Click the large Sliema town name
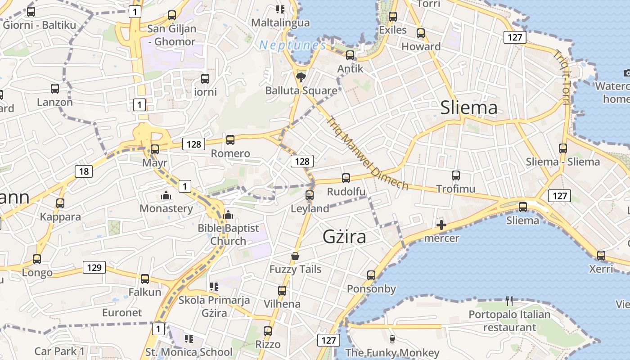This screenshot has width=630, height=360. [469, 108]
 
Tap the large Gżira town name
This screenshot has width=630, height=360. [344, 237]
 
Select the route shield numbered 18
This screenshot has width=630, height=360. [84, 171]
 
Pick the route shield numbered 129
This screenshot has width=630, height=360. [94, 268]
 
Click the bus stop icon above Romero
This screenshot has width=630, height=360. [230, 139]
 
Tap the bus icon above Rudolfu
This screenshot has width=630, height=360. [346, 178]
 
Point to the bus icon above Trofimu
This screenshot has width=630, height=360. [455, 175]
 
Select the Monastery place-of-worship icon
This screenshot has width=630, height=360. [166, 196]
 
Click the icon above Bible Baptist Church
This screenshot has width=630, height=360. [228, 215]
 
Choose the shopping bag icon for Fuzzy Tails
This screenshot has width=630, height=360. [295, 256]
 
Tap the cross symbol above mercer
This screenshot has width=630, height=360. [441, 225]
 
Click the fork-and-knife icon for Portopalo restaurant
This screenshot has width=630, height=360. [509, 301]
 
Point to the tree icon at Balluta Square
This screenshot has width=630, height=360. [301, 77]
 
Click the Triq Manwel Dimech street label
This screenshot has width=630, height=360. [367, 153]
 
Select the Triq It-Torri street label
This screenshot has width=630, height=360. [562, 77]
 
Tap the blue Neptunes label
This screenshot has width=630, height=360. [292, 45]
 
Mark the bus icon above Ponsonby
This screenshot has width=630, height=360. [371, 275]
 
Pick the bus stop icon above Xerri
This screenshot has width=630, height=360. [601, 255]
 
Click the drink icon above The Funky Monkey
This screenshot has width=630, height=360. [392, 339]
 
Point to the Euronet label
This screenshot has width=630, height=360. [122, 312]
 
